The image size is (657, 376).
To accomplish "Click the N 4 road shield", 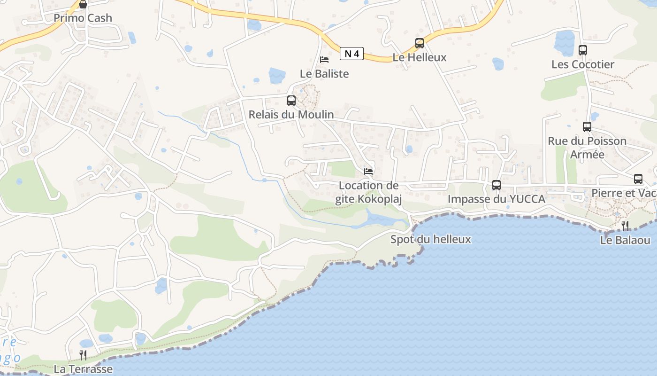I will click(351, 54).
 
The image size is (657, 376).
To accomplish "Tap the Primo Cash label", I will click(83, 18).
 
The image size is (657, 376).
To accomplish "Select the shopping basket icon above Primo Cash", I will click(83, 5).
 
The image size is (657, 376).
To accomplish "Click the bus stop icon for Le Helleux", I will click(420, 43).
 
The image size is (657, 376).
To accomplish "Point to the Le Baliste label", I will click(324, 74).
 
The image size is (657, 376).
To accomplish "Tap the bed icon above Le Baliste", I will click(324, 60).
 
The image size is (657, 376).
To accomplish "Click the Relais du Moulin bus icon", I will click(291, 100).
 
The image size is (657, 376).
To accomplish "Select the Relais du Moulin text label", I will click(291, 114).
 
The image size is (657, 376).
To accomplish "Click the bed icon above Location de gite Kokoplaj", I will click(369, 172).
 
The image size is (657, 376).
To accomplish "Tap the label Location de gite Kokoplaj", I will click(369, 192).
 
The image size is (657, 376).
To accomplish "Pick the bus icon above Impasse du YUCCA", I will click(497, 185).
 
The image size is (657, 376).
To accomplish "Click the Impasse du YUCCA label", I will click(496, 199).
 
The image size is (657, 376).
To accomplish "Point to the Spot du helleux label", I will click(430, 239).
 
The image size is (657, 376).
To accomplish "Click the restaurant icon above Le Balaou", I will click(625, 226).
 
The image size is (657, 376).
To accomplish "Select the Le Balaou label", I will click(625, 240).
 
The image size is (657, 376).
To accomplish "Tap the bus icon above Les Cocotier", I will click(583, 50).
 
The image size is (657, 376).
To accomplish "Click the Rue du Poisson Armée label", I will click(587, 148).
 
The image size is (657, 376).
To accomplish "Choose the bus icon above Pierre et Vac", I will click(638, 179).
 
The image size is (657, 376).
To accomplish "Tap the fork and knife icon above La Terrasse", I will click(83, 355).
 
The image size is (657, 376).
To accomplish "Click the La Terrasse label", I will click(83, 369).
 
